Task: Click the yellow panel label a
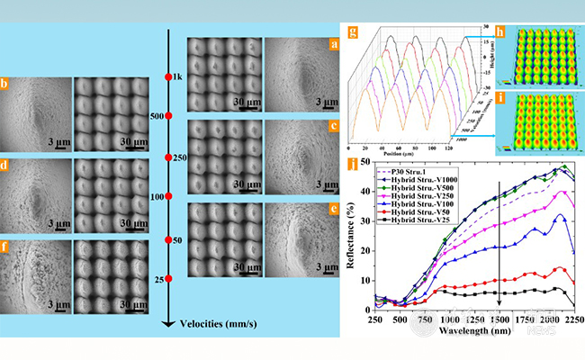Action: point(333,42)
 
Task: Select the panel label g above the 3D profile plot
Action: point(354,35)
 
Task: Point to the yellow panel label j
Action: point(354,164)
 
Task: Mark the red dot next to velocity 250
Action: point(168,157)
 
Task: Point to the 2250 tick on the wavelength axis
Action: point(570,318)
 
